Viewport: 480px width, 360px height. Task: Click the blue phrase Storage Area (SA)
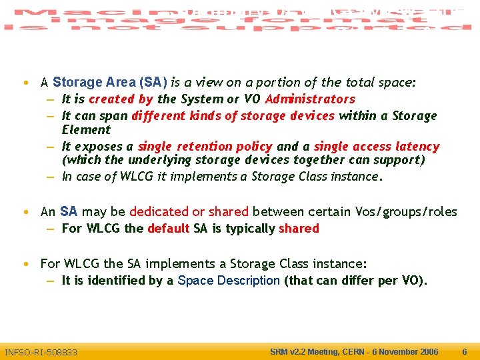coord(109,83)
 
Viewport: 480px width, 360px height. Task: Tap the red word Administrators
coord(310,99)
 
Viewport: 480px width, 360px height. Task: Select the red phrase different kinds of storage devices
coord(233,116)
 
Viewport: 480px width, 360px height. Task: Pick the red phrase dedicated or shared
coord(189,212)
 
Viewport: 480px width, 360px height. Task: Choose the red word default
coord(168,229)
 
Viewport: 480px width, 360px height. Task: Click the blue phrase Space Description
coord(229,281)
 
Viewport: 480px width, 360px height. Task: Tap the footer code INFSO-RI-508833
coord(41,352)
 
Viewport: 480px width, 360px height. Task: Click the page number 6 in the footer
coord(465,351)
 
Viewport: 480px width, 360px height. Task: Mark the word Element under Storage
coord(86,130)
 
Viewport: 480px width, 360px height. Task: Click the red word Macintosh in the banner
coord(80,13)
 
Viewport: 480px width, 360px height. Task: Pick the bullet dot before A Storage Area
coord(25,83)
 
